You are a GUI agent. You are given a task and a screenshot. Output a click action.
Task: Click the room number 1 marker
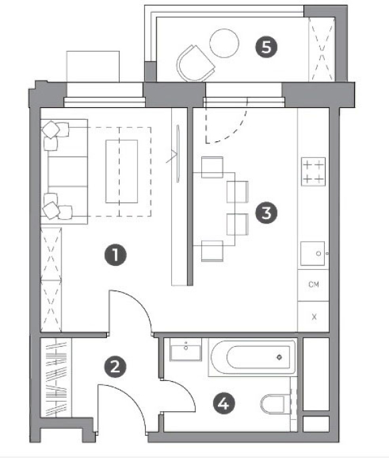tap(116, 254)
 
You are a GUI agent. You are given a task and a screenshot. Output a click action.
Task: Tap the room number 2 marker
tap(116, 366)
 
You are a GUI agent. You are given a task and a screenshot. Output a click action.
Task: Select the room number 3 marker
tap(267, 213)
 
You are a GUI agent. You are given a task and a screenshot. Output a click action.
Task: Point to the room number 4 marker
tap(224, 404)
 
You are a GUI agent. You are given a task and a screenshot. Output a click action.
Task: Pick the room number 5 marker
tap(267, 47)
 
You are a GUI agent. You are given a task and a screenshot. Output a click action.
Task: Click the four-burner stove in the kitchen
tap(313, 171)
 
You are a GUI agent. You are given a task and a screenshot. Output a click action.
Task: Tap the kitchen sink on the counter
tap(313, 253)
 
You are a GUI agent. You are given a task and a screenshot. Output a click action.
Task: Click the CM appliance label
tap(313, 284)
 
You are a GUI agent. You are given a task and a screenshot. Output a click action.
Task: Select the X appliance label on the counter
tap(314, 317)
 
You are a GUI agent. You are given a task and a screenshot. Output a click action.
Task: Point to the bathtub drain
tap(279, 357)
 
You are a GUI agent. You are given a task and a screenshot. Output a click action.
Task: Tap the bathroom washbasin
tap(186, 350)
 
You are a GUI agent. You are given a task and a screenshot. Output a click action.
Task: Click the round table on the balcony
tap(225, 43)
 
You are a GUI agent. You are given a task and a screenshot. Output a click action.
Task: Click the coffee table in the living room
tap(122, 171)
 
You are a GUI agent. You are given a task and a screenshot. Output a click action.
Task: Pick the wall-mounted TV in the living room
tap(178, 153)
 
